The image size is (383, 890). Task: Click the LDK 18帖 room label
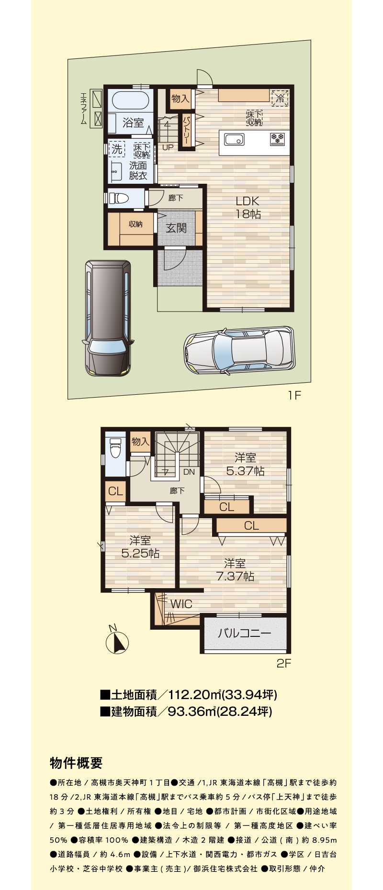click(x=248, y=207)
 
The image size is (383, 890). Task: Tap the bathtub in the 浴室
click(x=131, y=100)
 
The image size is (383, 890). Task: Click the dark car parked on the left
click(x=107, y=317)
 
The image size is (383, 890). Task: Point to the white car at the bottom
click(x=239, y=350)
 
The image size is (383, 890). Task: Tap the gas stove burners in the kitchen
click(x=278, y=139)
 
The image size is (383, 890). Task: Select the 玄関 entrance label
click(x=176, y=228)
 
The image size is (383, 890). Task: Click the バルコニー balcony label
click(x=245, y=634)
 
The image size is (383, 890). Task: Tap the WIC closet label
click(x=181, y=604)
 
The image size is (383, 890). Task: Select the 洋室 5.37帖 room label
click(x=245, y=464)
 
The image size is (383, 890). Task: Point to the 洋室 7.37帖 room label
click(x=235, y=570)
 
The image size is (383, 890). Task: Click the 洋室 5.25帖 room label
click(x=140, y=547)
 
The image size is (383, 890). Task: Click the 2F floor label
click(x=284, y=663)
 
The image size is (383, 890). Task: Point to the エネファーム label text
click(x=83, y=109)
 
